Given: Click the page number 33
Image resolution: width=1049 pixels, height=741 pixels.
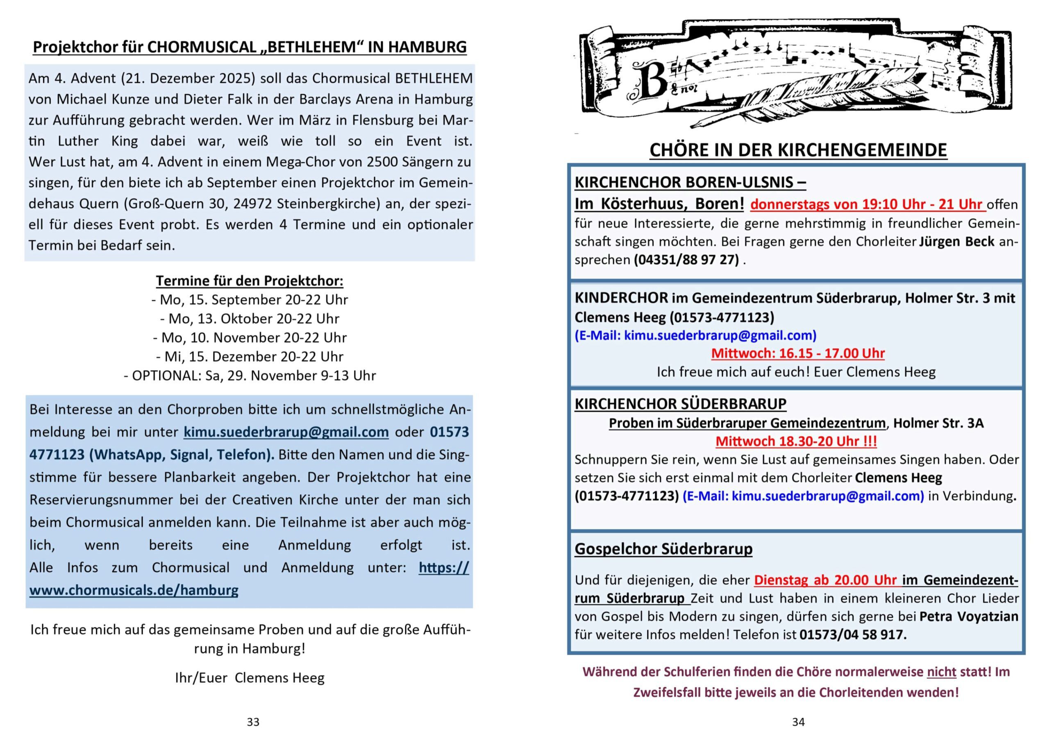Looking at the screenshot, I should pos(253,722).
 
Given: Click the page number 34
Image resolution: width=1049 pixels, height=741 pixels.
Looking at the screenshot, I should pos(798,722).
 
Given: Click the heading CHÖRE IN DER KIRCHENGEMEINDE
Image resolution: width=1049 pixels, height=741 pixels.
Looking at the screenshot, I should pos(798,150).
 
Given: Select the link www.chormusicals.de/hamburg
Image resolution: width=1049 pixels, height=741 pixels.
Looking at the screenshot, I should pos(134,590).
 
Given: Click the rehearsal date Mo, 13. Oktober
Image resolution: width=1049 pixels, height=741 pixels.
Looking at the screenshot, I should pos(250,318).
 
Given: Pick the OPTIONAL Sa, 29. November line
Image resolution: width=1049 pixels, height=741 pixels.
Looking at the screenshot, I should pos(250,376).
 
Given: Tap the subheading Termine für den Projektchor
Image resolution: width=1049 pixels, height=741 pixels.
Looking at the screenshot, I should pos(250,281).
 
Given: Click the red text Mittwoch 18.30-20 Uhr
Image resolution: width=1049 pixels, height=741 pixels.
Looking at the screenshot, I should pos(796,441).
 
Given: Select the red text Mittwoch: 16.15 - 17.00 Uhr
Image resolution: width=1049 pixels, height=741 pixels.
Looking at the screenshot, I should pos(798,353).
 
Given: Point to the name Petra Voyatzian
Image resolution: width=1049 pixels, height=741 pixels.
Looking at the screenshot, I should pos(969,616).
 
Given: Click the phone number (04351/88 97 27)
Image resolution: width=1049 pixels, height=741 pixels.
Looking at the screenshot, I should pos(686,259).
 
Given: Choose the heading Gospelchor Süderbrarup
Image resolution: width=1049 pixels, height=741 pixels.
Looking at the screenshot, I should pos(663,548).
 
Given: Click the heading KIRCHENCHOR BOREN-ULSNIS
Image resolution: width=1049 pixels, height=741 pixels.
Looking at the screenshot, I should pos(690,182).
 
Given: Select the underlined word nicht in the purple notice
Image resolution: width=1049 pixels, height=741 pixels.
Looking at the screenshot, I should pos(941,672).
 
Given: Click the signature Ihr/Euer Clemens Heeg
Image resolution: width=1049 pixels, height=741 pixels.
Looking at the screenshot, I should pos(250,678).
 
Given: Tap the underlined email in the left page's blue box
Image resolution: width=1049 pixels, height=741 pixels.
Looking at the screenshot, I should pos(286,432).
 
